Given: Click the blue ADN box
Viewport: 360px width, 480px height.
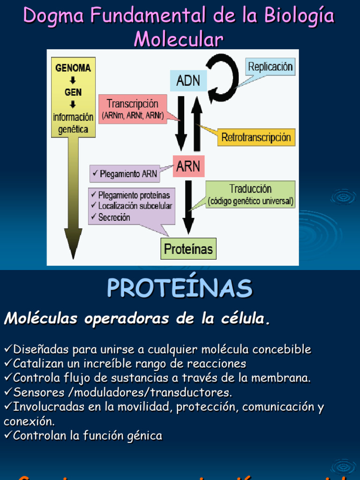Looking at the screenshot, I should click(x=188, y=81).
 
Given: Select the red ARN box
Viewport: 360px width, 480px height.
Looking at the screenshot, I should click(x=188, y=166).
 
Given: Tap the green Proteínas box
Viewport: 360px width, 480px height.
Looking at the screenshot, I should click(x=188, y=248).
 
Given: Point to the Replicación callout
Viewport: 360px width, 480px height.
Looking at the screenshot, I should click(x=270, y=67).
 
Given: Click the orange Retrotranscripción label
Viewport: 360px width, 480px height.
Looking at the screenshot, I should click(x=256, y=138).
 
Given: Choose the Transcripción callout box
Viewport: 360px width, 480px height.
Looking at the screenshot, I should click(x=133, y=109).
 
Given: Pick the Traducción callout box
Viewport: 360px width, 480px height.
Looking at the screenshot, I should click(x=251, y=195).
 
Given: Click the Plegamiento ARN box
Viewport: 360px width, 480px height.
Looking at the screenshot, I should click(x=125, y=174).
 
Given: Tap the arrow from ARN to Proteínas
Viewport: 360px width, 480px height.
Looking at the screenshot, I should click(x=188, y=206).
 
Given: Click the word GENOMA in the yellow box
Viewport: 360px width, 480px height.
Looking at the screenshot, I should click(x=73, y=68).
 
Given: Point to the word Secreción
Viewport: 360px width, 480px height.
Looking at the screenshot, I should click(x=114, y=217).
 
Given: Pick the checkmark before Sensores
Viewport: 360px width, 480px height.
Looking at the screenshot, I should click(x=8, y=391).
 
